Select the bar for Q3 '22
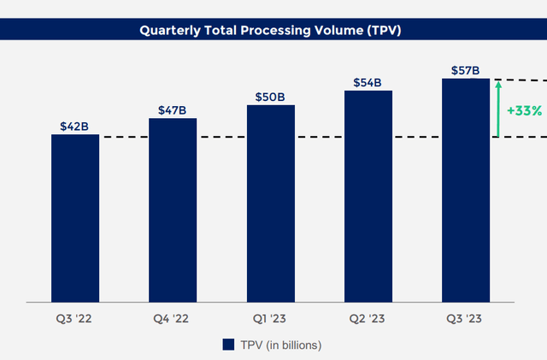(x=75, y=218)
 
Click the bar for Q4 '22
(x=173, y=210)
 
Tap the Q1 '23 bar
(x=271, y=204)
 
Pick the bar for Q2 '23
(x=368, y=197)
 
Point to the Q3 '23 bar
(x=466, y=191)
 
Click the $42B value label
(x=74, y=127)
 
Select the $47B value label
(x=173, y=110)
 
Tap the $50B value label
(x=270, y=97)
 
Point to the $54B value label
(x=368, y=83)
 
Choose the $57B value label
(x=465, y=70)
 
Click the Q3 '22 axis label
(x=74, y=318)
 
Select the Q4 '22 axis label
(x=171, y=318)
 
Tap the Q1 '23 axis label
(x=269, y=318)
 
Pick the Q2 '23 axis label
(x=367, y=318)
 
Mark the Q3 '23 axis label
(x=464, y=318)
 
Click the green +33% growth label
(x=524, y=110)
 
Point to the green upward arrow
(x=498, y=109)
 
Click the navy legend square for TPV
(x=228, y=345)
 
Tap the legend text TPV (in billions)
(x=281, y=345)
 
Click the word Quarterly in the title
(x=170, y=31)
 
